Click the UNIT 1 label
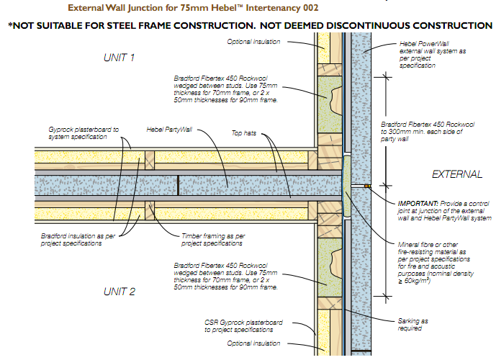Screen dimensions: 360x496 119,57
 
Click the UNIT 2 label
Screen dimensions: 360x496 119,292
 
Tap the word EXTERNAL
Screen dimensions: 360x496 457,174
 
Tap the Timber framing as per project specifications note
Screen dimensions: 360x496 212,239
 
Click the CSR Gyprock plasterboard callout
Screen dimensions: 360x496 238,325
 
